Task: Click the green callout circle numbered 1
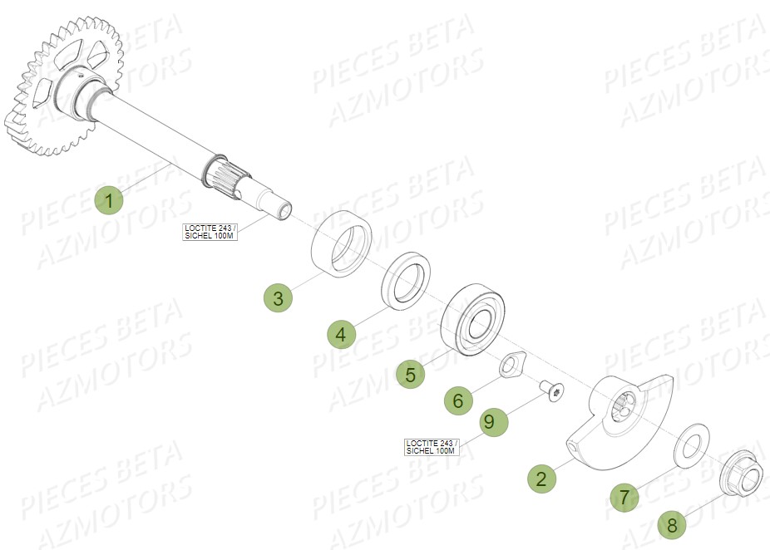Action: [x=109, y=200]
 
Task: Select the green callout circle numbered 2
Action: [x=541, y=479]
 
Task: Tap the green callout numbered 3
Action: [x=279, y=297]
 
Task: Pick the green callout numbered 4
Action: [x=341, y=335]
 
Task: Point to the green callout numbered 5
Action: [x=410, y=374]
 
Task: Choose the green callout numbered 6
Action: [x=457, y=401]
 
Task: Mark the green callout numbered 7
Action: [x=623, y=498]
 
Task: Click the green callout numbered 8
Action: [x=672, y=525]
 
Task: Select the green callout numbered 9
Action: [x=489, y=422]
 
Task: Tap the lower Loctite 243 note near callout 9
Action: [x=431, y=446]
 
